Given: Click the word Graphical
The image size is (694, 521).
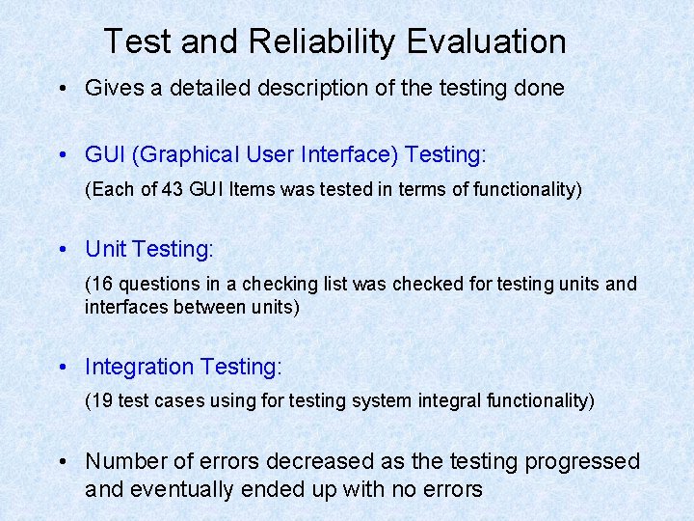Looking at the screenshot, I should pos(193,155).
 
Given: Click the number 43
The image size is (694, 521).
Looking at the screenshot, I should pos(173,189).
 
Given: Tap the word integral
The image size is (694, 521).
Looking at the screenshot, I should pos(427,400).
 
